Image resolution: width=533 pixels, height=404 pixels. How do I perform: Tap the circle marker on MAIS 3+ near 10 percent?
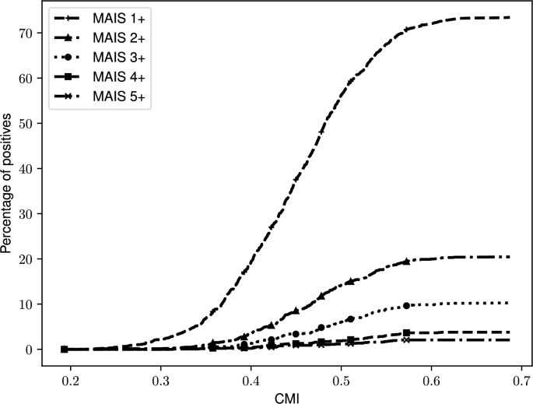point(406,305)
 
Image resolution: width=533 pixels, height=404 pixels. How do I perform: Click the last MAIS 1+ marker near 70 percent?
point(406,30)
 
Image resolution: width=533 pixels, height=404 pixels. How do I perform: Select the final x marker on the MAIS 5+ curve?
point(406,340)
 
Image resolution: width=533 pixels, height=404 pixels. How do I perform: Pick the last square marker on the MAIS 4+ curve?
point(406,332)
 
